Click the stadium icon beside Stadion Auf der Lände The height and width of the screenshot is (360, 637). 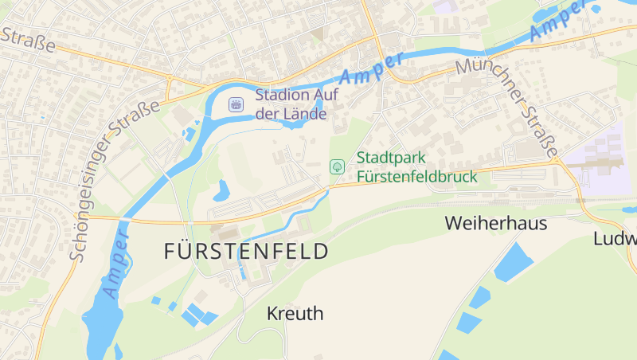tap(236, 104)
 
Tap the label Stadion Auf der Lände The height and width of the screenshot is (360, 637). tap(291, 104)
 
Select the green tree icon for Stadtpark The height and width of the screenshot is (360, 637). tap(337, 166)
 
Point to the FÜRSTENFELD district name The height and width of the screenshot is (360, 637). tap(246, 252)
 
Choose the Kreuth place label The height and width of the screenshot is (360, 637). tap(295, 313)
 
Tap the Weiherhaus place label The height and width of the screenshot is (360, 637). tap(496, 223)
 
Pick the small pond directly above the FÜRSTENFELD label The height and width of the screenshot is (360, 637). tap(221, 190)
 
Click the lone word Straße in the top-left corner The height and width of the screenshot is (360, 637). tap(28, 39)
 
